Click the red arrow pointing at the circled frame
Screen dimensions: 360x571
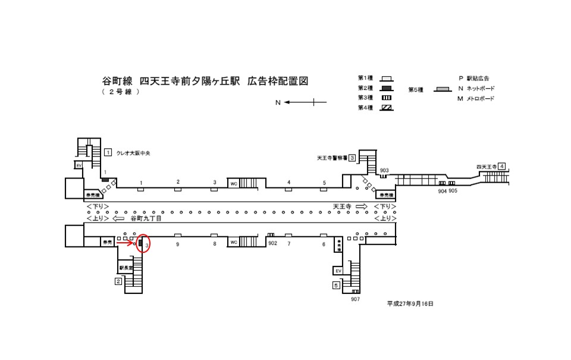[125, 243]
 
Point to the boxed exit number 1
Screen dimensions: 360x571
[108, 152]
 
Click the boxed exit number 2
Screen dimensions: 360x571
[118, 281]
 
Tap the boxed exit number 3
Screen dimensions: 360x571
[352, 158]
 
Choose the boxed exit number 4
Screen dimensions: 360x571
[503, 166]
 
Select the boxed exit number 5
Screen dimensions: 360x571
[337, 286]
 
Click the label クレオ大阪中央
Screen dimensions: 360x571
[134, 153]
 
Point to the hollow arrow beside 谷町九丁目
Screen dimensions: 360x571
[118, 218]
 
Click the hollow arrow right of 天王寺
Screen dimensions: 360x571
[362, 206]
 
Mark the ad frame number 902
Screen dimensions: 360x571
[273, 243]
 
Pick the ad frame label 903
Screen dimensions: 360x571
[384, 171]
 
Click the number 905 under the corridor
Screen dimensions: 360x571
[453, 190]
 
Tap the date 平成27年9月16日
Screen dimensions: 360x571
[410, 303]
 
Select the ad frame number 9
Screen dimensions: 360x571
[177, 243]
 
